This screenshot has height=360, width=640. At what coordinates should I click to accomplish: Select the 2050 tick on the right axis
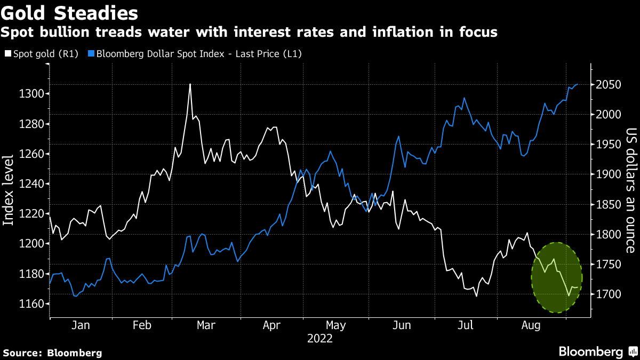click(x=607, y=85)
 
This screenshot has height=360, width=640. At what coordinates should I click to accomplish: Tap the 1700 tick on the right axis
click(x=607, y=294)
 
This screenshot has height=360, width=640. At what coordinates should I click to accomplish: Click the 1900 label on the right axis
click(x=607, y=175)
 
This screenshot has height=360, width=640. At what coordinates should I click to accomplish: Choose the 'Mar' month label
click(x=206, y=325)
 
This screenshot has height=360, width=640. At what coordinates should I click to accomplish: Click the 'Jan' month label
click(x=80, y=325)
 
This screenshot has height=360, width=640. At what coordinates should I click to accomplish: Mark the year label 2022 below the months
click(x=319, y=339)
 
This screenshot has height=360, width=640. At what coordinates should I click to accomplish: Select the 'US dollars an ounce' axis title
click(x=631, y=190)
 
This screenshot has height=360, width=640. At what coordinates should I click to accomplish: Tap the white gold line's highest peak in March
click(x=190, y=84)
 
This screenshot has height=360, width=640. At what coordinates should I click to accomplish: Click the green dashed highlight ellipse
click(x=556, y=277)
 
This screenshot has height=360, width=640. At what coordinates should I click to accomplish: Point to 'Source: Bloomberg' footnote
click(x=52, y=353)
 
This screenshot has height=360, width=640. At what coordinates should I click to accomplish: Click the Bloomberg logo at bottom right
click(x=597, y=352)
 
